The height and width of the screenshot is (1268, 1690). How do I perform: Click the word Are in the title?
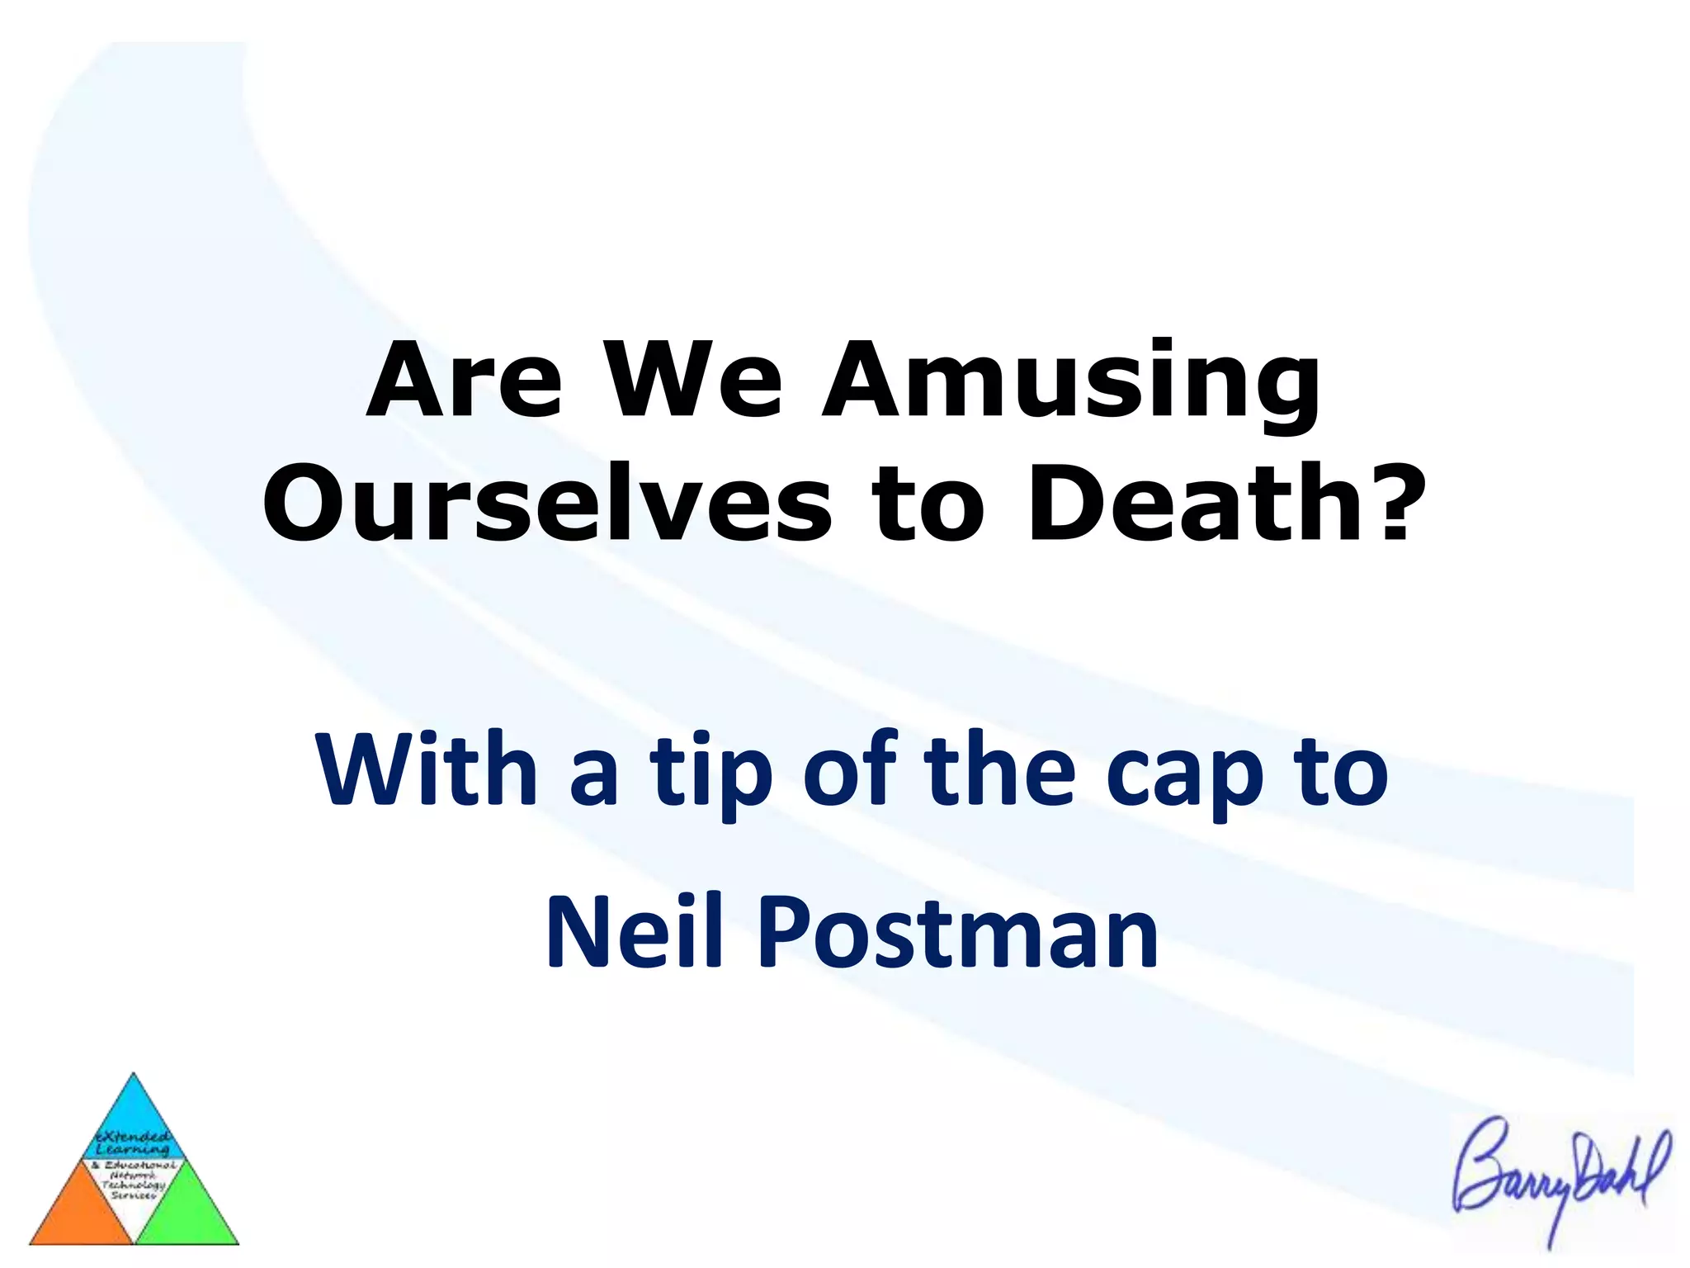pyautogui.click(x=465, y=381)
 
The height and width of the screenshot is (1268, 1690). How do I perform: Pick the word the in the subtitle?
pyautogui.click(x=999, y=769)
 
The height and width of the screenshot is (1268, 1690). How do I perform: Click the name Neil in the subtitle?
pyautogui.click(x=635, y=930)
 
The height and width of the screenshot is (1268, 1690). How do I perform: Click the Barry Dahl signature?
pyautogui.click(x=1560, y=1172)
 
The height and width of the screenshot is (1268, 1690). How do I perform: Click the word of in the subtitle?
pyautogui.click(x=849, y=769)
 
